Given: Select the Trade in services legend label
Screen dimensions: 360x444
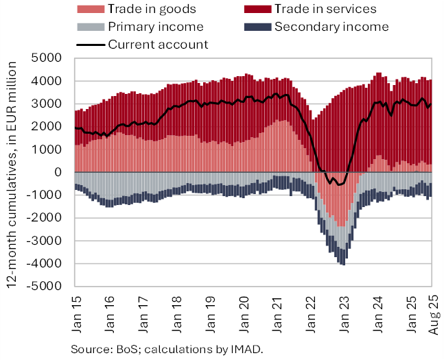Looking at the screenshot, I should click(325, 10).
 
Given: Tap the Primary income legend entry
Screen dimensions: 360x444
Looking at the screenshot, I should click(155, 27).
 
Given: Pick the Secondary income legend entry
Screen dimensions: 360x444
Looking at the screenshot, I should click(331, 27).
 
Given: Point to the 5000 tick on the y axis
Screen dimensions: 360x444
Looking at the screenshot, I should click(51, 58).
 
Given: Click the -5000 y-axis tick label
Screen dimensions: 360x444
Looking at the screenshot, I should click(48, 287).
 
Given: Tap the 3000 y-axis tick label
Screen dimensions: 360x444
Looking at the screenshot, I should click(51, 104).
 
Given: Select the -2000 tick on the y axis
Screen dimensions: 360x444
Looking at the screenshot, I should click(48, 218).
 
